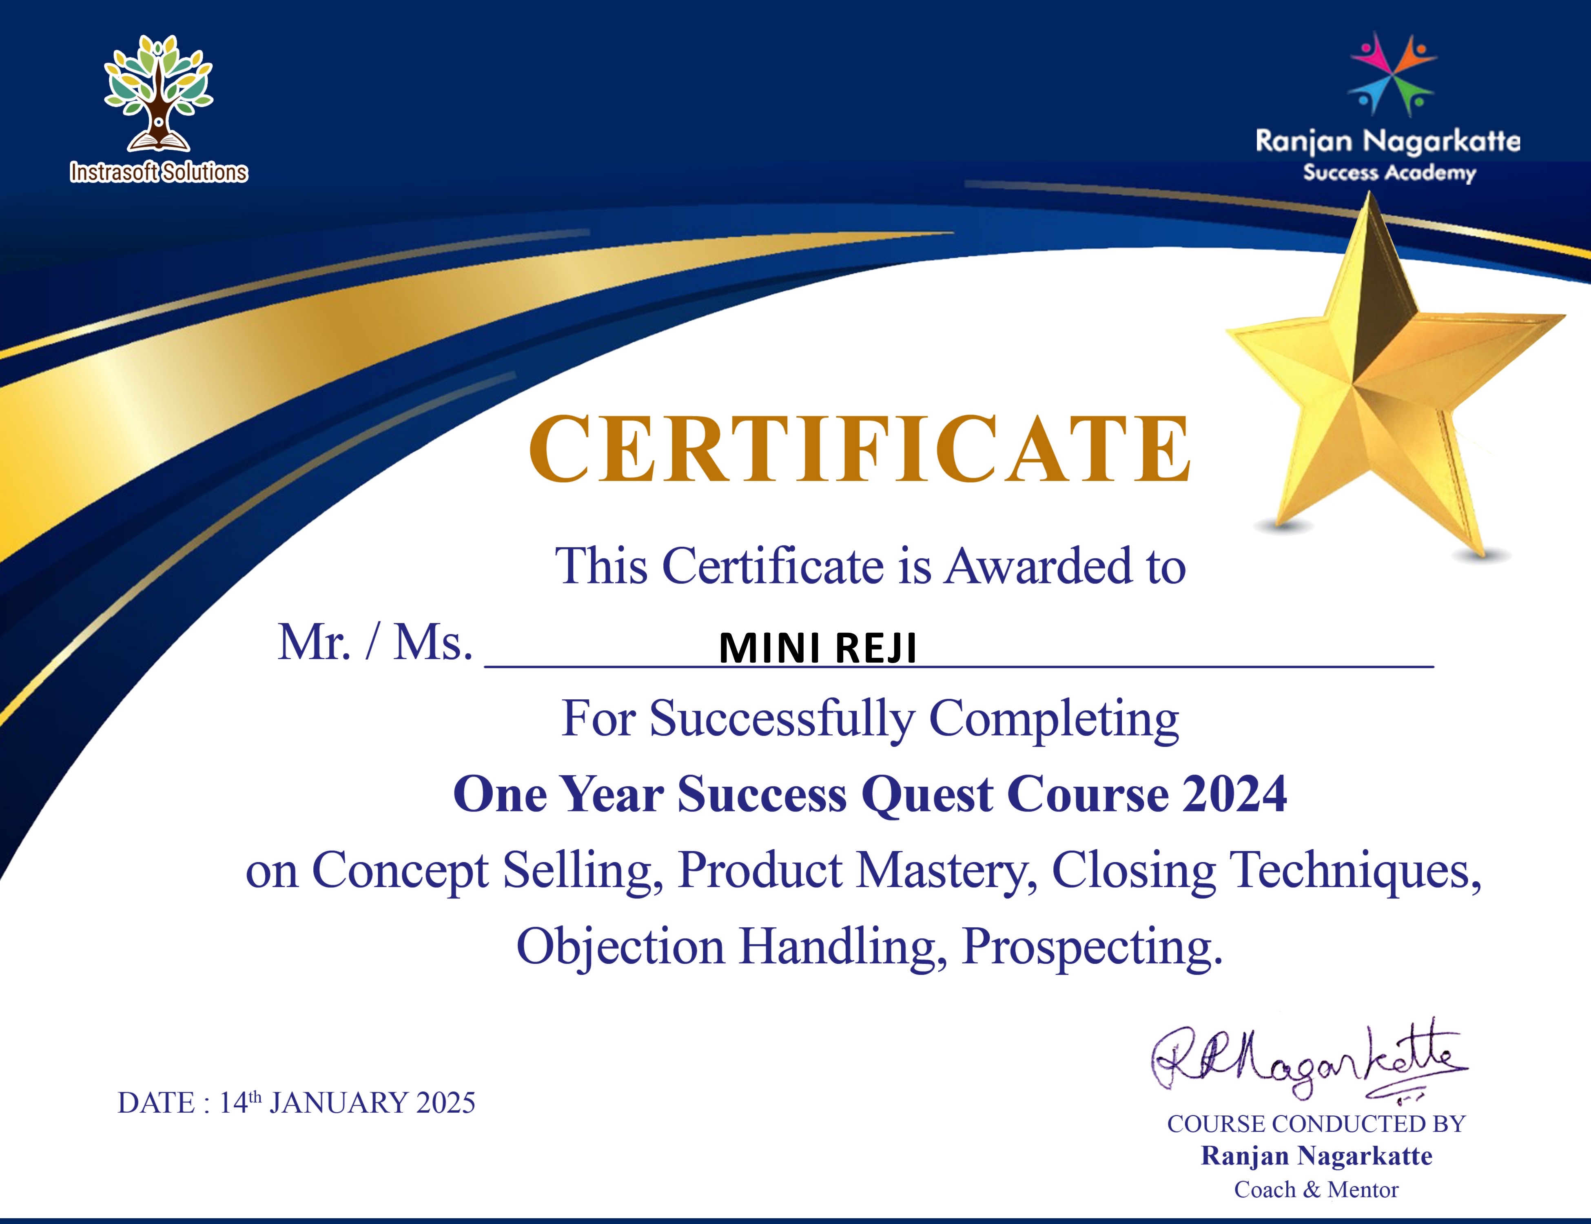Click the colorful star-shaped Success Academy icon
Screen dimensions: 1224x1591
[1392, 73]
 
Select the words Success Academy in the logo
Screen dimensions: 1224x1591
[1389, 173]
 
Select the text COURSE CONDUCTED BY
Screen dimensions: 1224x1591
[1316, 1124]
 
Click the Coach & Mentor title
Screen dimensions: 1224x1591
[1316, 1190]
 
